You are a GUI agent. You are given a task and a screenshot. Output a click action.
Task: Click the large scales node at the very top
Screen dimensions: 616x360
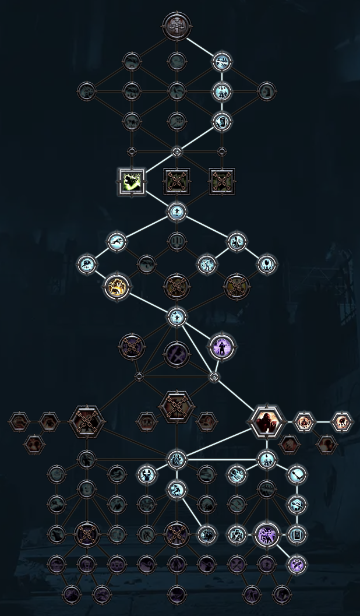(177, 26)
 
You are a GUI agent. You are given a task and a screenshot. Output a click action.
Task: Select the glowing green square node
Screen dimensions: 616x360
(132, 181)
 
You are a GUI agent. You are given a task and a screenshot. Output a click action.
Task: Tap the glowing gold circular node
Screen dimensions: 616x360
(117, 286)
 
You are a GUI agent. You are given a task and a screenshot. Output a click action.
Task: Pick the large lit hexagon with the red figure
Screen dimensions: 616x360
(267, 421)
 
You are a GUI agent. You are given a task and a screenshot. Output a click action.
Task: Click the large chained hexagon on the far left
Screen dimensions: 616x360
(87, 421)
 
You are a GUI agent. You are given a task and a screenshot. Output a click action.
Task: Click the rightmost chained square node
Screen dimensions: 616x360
(221, 181)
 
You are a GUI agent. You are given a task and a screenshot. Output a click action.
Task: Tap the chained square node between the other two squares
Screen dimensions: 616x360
(177, 181)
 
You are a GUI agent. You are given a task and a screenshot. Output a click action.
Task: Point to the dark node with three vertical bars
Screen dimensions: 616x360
(177, 241)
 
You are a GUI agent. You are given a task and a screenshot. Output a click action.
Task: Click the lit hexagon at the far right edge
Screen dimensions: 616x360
(342, 421)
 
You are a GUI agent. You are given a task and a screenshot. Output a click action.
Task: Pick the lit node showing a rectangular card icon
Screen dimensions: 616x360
(297, 533)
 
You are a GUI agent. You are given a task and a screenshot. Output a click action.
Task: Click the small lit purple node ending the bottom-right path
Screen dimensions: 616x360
(297, 564)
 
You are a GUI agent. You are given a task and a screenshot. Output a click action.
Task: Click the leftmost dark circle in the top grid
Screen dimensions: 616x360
(86, 91)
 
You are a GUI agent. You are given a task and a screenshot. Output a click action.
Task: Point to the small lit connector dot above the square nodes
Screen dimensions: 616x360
(177, 152)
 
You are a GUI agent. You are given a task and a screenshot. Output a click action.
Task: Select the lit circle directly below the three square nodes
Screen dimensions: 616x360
(177, 211)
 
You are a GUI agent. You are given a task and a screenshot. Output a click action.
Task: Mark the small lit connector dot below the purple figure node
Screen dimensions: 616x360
(214, 376)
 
